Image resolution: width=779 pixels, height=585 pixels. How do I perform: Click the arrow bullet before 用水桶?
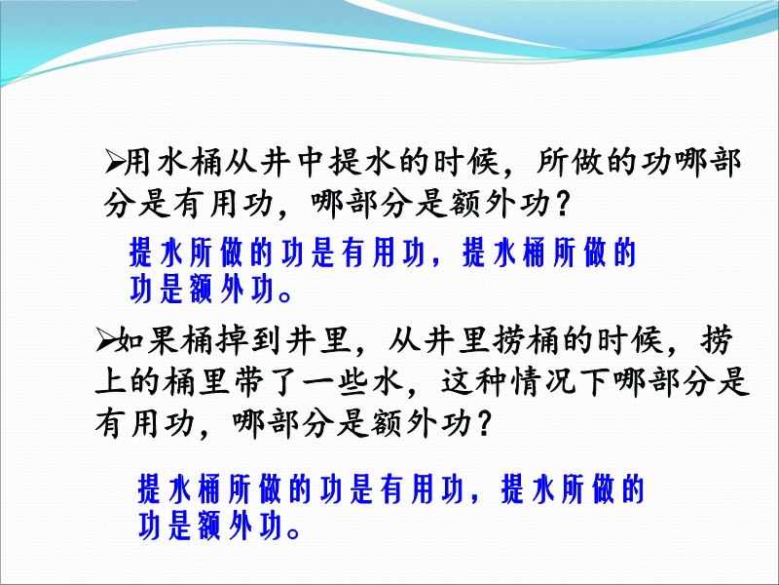[114, 163]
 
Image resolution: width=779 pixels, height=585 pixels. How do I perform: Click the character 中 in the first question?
[312, 162]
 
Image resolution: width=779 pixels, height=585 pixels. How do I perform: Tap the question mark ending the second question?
[483, 424]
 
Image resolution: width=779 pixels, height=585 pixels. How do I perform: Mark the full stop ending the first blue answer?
[285, 296]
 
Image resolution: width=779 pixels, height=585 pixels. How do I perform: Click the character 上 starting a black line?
[110, 382]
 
